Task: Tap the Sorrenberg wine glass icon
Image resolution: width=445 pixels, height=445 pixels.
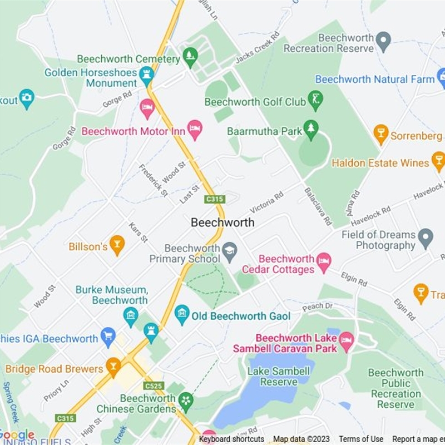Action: [381, 135]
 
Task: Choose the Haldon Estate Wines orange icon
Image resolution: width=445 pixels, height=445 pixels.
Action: [438, 162]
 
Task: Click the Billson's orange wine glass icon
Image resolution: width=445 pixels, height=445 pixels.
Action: [117, 245]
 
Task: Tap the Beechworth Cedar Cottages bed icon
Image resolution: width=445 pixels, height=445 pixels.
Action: [324, 260]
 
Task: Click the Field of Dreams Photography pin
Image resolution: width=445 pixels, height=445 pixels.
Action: [426, 238]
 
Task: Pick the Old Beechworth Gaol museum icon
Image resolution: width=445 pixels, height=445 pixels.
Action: [182, 315]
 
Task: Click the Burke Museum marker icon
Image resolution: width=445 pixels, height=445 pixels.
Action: [131, 317]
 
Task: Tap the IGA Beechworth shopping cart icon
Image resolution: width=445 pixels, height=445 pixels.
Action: [108, 337]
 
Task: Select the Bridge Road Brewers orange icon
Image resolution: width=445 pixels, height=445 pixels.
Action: [113, 367]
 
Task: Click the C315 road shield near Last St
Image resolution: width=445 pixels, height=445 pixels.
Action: [214, 199]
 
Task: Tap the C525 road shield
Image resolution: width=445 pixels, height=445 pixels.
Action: [154, 385]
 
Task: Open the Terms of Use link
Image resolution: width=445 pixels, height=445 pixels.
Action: [361, 439]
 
